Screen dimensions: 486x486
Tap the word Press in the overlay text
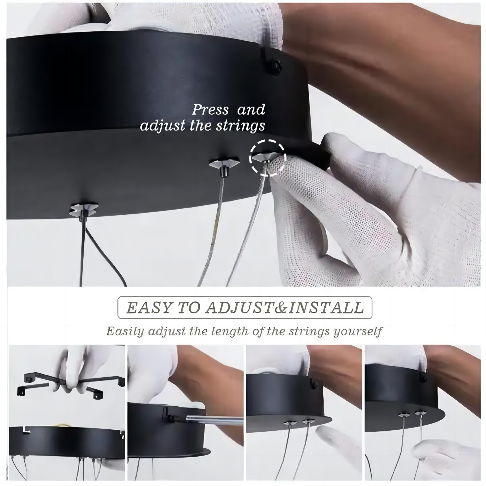pyautogui.click(x=210, y=110)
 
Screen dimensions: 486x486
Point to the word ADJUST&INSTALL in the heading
pyautogui.click(x=285, y=308)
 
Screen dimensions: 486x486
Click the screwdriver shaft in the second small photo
pyautogui.click(x=216, y=420)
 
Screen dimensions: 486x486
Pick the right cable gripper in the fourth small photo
pyautogui.click(x=421, y=413)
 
